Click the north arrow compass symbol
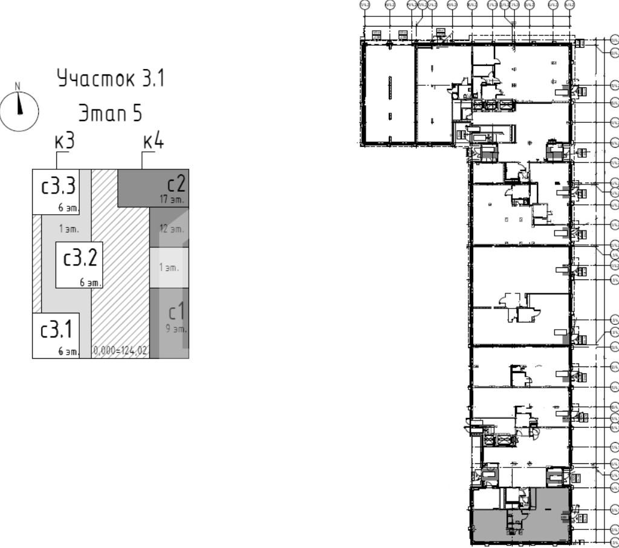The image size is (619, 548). pyautogui.click(x=19, y=111)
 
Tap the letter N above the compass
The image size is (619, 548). pyautogui.click(x=18, y=86)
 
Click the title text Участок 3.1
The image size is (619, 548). pyautogui.click(x=111, y=79)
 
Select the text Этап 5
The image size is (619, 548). pyautogui.click(x=110, y=113)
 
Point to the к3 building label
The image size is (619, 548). pyautogui.click(x=64, y=142)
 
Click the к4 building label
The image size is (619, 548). pyautogui.click(x=153, y=142)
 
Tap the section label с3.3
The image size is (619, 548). pyautogui.click(x=58, y=186)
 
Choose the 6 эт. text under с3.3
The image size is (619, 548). pyautogui.click(x=69, y=208)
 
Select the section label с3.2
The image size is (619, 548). pyautogui.click(x=80, y=258)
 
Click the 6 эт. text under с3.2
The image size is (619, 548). pyautogui.click(x=91, y=282)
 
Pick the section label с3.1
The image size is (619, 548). pyautogui.click(x=56, y=330)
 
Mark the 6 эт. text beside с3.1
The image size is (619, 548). pyautogui.click(x=68, y=351)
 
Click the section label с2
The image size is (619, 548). pyautogui.click(x=177, y=183)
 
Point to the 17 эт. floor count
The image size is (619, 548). pyautogui.click(x=172, y=199)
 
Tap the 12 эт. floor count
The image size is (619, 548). pyautogui.click(x=172, y=229)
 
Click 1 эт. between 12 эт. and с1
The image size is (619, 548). pyautogui.click(x=169, y=267)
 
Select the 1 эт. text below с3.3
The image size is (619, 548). pyautogui.click(x=69, y=229)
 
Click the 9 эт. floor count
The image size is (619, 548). pyautogui.click(x=176, y=330)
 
